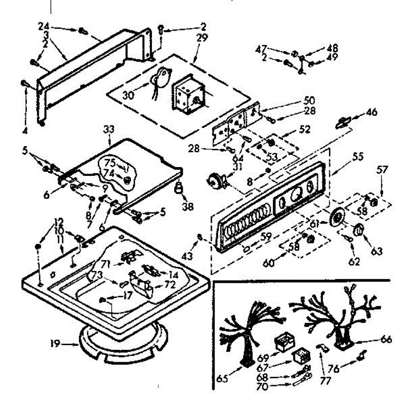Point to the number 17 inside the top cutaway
(x=127, y=295)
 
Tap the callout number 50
(x=309, y=101)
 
